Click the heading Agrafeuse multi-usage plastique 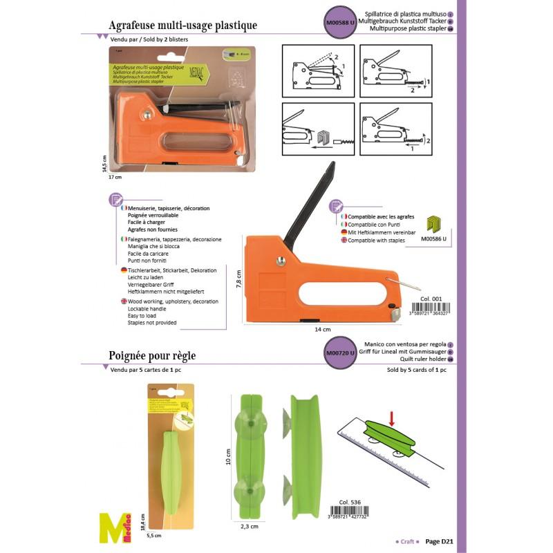click(x=183, y=26)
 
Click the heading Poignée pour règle click(x=153, y=356)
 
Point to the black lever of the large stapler click(x=314, y=200)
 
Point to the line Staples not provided click(x=152, y=323)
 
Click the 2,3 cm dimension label click(x=250, y=526)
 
